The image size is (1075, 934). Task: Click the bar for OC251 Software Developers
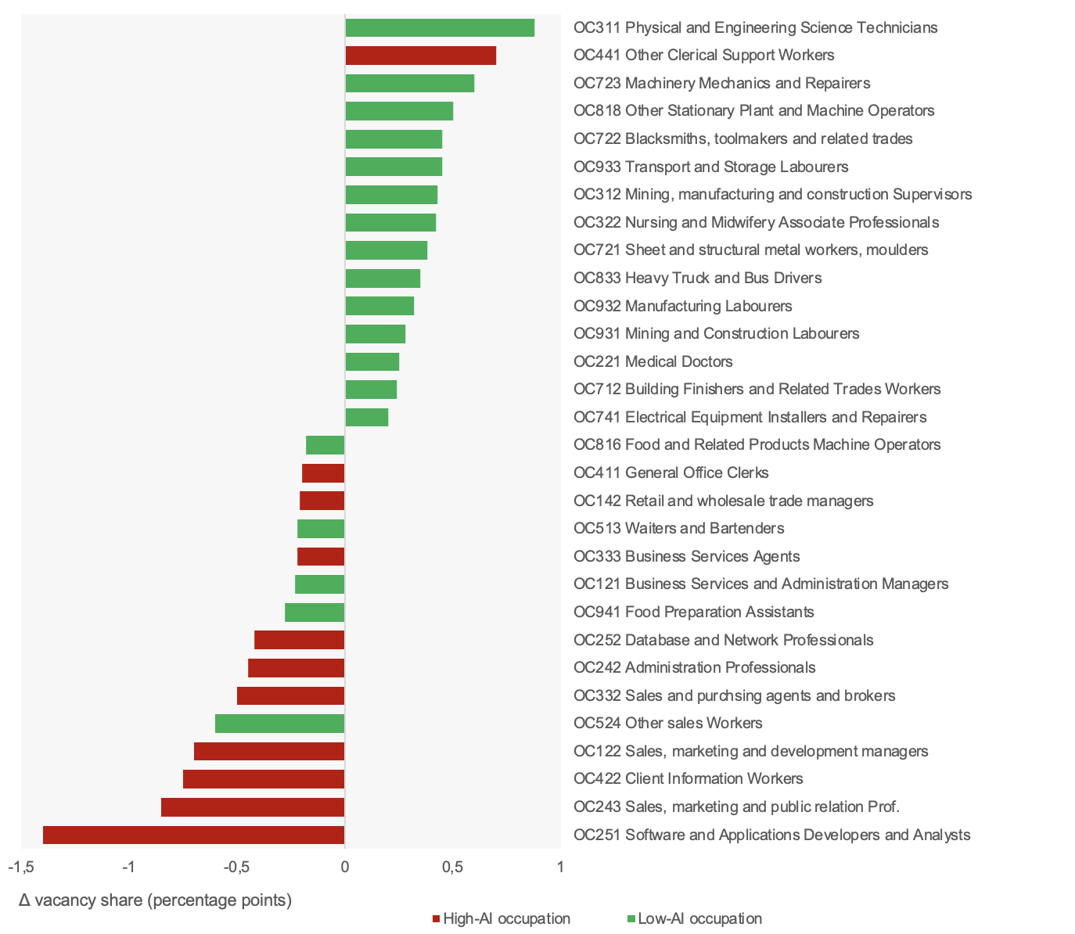pos(193,835)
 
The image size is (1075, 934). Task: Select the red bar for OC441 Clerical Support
pos(420,56)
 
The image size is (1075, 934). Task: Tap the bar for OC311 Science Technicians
pos(440,27)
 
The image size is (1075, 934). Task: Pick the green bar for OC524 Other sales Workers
pos(279,724)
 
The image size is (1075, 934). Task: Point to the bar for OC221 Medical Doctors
pos(372,361)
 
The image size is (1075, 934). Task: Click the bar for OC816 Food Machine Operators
pos(325,445)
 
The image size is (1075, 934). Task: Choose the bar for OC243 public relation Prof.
pos(253,807)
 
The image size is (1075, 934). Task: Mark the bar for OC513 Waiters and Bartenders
pos(321,529)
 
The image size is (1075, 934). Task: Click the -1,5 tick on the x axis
pos(21,867)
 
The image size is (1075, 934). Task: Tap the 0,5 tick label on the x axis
pos(452,867)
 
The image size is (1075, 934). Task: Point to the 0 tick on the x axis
pos(345,867)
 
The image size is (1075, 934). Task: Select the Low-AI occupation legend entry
pos(699,918)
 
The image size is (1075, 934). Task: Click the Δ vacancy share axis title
pos(155,900)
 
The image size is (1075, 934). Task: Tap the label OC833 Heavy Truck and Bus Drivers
pos(697,278)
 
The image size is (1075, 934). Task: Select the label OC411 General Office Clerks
pos(671,472)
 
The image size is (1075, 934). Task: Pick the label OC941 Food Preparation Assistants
pos(693,612)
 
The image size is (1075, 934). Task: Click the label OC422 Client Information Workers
pos(688,778)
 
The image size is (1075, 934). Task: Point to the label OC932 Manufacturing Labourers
pos(682,306)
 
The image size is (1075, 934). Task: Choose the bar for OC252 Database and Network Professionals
pos(299,640)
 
